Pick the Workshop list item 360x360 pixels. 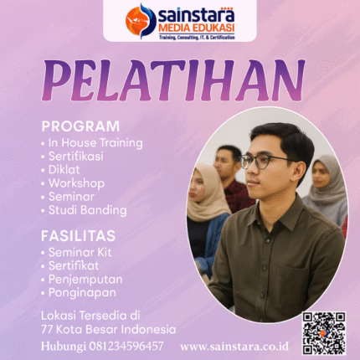[x=75, y=183]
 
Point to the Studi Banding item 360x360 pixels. [x=87, y=209]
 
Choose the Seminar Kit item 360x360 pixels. [x=81, y=252]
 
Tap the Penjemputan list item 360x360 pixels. [x=85, y=279]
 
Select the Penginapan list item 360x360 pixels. [x=82, y=292]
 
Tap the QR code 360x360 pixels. [x=323, y=333]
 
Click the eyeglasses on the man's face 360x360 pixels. [x=267, y=159]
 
